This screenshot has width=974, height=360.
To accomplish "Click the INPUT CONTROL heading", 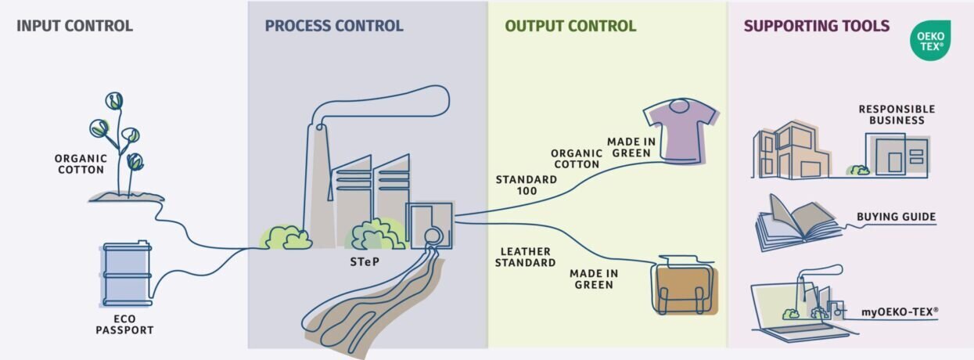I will point(74,26).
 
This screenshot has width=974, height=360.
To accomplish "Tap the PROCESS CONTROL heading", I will point(334,26).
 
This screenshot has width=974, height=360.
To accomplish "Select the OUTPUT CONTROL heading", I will point(570,26).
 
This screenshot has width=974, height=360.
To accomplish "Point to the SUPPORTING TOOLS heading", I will point(816,26).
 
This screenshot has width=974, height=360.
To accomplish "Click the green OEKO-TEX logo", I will point(930,41).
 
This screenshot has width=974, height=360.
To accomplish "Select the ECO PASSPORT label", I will point(124,325).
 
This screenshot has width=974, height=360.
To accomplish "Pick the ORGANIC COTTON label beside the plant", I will point(80,164).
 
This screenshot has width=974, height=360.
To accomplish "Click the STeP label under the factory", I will point(364,261).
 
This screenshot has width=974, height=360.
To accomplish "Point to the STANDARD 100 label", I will point(526,185).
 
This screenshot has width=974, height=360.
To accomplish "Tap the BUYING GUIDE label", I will point(896,217).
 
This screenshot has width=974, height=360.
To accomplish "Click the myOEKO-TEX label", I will point(900,311).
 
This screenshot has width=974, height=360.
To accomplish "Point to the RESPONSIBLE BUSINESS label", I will point(897,114).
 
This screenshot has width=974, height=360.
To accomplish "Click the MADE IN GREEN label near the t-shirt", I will point(628,147).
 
